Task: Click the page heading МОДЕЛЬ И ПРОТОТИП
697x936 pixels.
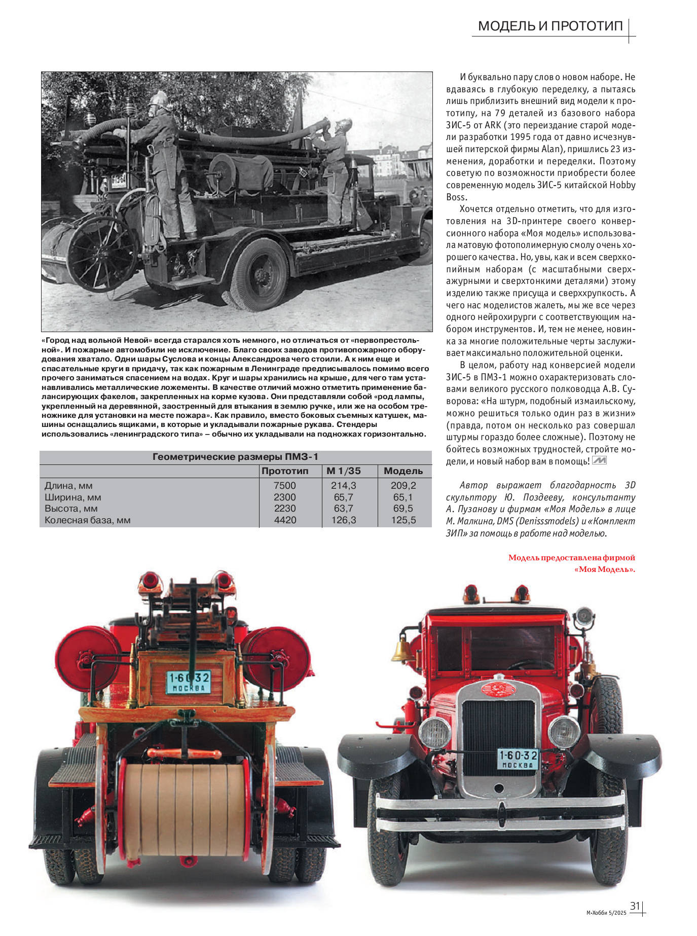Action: [550, 26]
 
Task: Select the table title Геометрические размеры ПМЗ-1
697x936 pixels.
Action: [236, 457]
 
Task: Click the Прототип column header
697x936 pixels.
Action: [285, 471]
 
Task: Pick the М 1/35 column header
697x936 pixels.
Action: [344, 471]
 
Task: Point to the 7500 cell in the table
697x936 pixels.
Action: [285, 485]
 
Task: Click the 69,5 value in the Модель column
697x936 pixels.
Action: [403, 508]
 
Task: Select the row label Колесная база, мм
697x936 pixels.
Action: [88, 520]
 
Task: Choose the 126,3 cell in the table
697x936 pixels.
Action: [344, 520]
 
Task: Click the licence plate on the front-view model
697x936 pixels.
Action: [518, 760]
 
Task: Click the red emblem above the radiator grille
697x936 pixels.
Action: [498, 688]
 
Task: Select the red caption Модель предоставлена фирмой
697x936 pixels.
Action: [571, 558]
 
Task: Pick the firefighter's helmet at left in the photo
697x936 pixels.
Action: [158, 99]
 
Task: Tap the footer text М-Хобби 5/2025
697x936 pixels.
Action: [606, 913]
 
